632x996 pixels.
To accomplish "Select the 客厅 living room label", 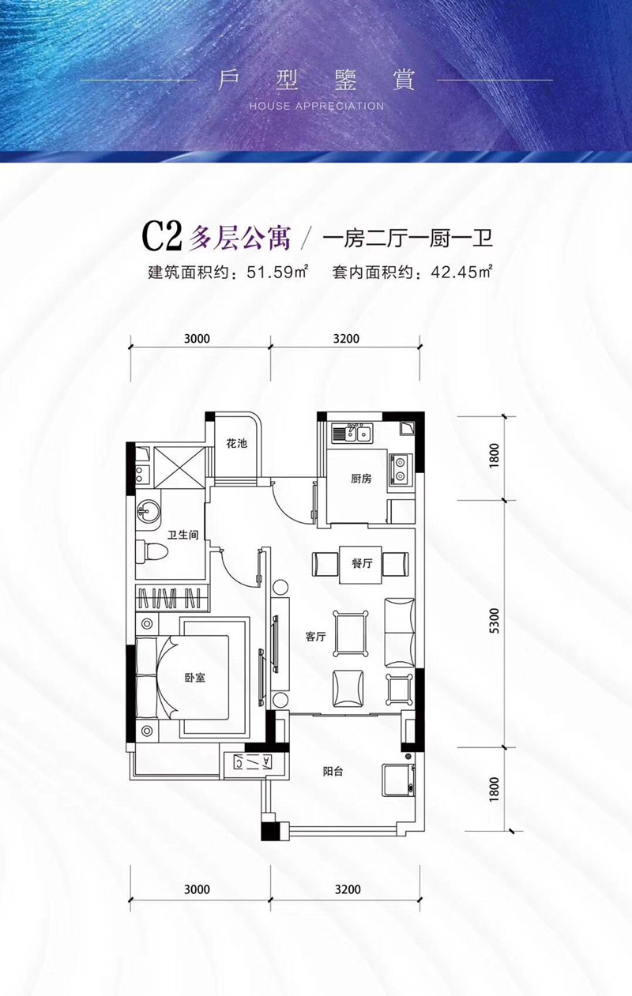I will [x=315, y=637].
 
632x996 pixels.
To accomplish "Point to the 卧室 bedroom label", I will [x=194, y=678].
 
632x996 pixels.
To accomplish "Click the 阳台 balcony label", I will [x=333, y=775].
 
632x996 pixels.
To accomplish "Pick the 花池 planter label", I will [x=236, y=444].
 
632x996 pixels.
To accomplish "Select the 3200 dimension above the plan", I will [x=346, y=339].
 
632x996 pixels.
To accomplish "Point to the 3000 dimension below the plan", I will [x=197, y=889].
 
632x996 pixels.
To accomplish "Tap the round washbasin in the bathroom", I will [x=148, y=509].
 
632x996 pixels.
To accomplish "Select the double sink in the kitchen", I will [x=352, y=433].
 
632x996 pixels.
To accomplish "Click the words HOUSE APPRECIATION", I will [x=316, y=106].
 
